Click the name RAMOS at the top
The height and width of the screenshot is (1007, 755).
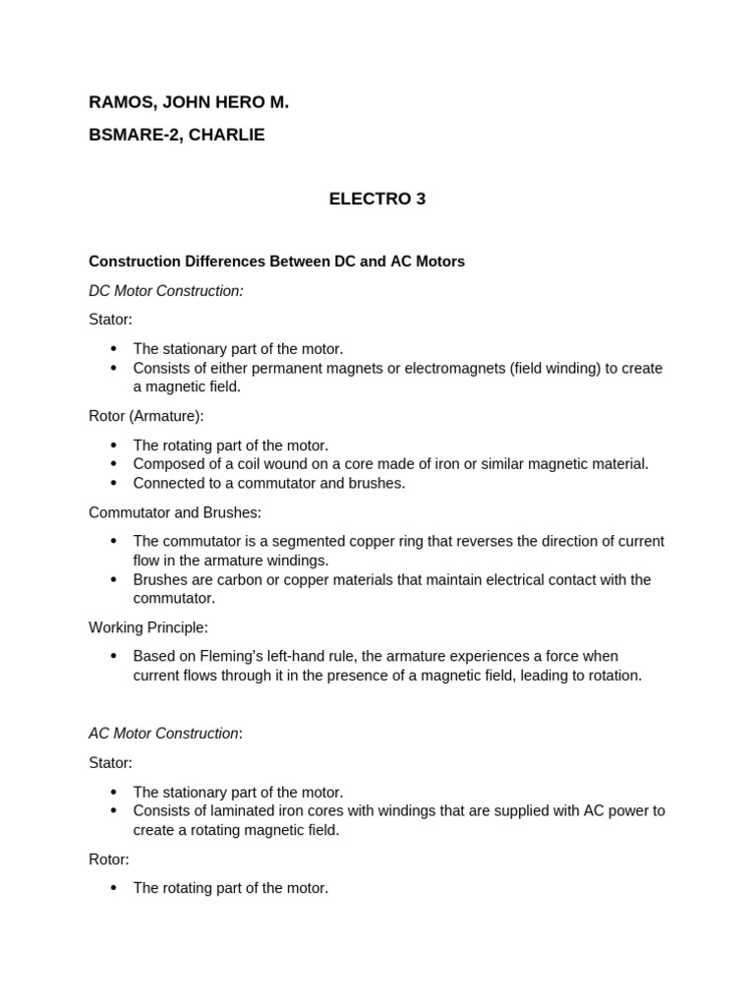point(115,102)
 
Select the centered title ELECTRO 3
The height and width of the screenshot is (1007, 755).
point(377,199)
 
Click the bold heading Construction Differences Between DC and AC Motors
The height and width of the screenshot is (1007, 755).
point(276,262)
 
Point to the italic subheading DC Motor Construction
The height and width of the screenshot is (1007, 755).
point(165,291)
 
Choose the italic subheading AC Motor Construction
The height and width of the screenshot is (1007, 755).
point(164,734)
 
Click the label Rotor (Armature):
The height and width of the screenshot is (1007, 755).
point(146,416)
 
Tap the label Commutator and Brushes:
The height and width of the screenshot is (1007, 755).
point(175,512)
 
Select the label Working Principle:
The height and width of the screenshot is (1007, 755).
point(148,627)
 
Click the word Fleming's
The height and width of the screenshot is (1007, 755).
point(229,656)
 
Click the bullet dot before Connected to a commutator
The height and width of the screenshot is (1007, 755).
point(114,483)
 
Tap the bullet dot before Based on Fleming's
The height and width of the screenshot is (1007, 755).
point(114,656)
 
